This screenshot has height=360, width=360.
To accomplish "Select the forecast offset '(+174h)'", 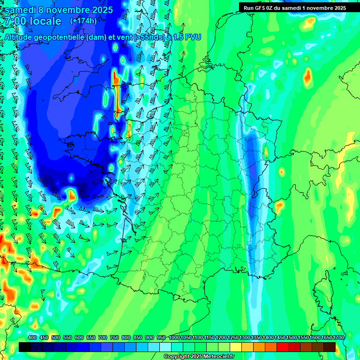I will point(83,21).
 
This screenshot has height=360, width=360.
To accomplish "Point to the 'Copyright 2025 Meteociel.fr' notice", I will point(199,357).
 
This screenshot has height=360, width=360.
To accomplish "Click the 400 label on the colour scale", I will point(32,337).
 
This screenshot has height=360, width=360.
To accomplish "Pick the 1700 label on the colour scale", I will point(338,337).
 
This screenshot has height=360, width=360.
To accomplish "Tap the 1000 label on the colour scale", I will point(174,337).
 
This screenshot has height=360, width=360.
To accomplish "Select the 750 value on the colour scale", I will point(114,337).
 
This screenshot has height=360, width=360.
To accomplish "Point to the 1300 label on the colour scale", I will point(245,337).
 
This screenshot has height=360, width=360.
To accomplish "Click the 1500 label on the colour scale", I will point(292,337).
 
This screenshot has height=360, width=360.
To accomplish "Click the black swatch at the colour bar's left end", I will point(25,347).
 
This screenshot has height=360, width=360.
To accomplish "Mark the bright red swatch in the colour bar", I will point(283,347).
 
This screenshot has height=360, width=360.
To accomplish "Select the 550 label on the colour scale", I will point(67,337).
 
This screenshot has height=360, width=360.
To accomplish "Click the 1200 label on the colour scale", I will point(221,337).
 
